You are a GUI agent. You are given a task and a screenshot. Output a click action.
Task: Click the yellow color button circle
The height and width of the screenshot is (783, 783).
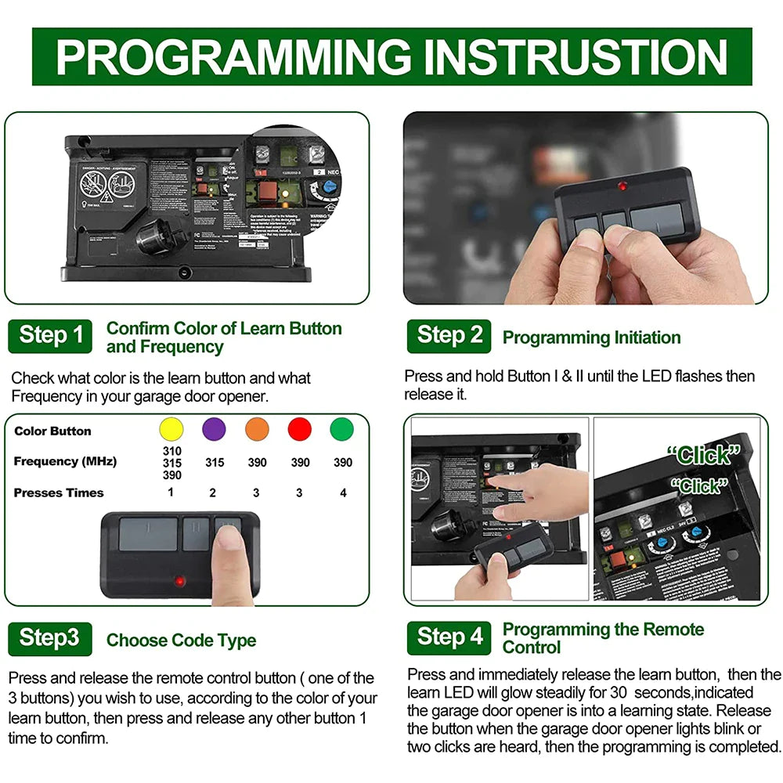click(x=171, y=430)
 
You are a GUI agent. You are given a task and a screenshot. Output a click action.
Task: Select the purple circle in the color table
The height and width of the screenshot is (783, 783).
click(x=214, y=430)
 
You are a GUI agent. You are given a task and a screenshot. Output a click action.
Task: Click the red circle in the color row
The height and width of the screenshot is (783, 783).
click(x=299, y=430)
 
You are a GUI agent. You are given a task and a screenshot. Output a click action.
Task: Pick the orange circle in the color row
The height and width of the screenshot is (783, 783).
click(x=257, y=430)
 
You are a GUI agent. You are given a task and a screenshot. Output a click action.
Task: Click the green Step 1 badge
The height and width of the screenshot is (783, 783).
click(x=50, y=336)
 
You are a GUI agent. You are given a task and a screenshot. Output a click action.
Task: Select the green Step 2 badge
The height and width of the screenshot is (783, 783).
click(x=449, y=336)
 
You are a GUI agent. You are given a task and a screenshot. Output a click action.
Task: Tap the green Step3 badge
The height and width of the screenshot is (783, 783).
click(x=49, y=638)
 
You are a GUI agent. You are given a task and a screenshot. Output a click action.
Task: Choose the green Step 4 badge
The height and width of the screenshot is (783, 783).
click(x=449, y=637)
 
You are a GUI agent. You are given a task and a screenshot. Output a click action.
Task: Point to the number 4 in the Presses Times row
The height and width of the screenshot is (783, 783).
click(x=342, y=493)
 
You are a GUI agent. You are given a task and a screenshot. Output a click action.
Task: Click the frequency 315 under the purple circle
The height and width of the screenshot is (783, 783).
click(x=215, y=463)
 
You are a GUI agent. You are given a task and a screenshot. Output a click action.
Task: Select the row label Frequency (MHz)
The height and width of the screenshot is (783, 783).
click(x=65, y=461)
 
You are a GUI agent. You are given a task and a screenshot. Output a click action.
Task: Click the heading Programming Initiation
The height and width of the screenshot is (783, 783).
click(x=591, y=337)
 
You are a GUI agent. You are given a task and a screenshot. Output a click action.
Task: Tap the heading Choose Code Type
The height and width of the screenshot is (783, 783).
click(x=181, y=640)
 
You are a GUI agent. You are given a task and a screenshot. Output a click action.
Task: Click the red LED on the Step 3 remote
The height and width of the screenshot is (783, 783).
click(x=180, y=582)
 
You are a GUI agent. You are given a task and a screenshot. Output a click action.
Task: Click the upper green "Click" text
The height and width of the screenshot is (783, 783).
click(x=703, y=455)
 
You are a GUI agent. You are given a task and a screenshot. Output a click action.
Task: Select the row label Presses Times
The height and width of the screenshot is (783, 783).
click(x=59, y=493)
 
